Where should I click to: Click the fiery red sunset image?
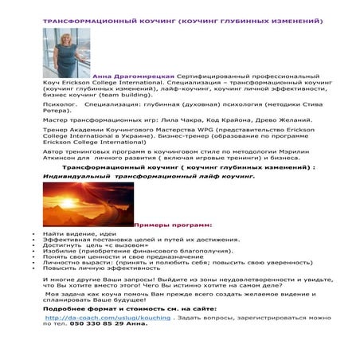pyautogui.click(x=88, y=204)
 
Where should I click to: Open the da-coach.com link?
pyautogui.click(x=108, y=317)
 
